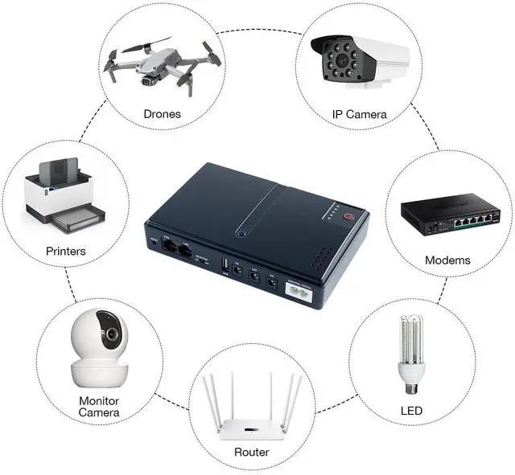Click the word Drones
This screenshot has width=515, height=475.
(x=162, y=113)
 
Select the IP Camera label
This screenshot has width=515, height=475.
(x=360, y=114)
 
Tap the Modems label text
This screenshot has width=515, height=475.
(x=447, y=260)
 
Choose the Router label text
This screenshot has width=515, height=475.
(x=252, y=452)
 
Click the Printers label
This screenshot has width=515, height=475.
(x=65, y=251)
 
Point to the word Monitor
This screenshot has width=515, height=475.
(x=99, y=400)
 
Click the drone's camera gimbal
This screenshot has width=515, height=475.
(x=147, y=80)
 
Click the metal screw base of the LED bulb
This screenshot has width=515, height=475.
(x=410, y=387)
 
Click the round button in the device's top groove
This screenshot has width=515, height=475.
(x=241, y=234)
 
